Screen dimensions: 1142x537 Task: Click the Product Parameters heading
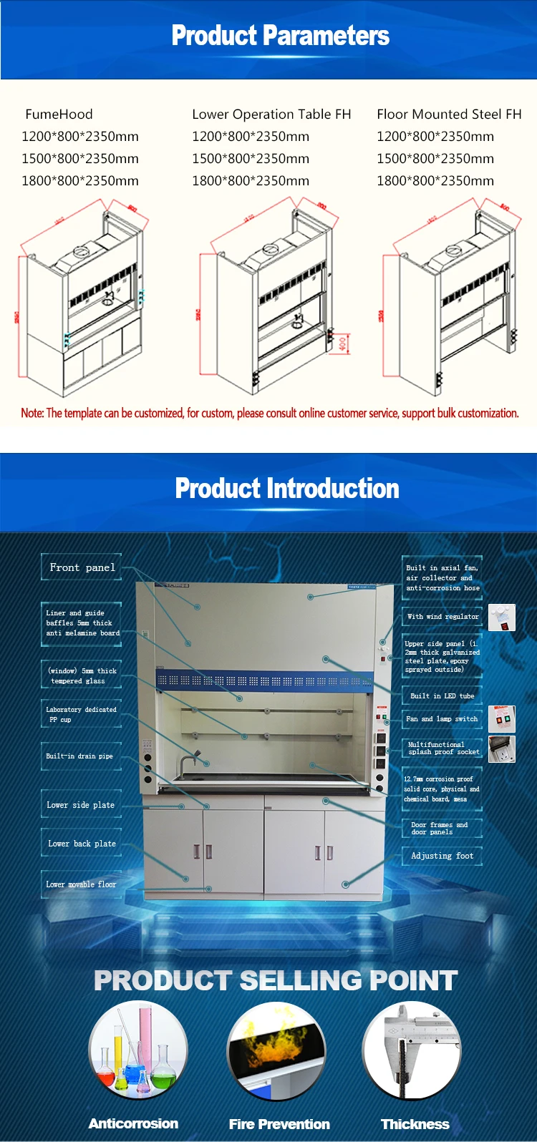pyautogui.click(x=280, y=36)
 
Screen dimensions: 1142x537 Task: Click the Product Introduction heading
pyautogui.click(x=287, y=489)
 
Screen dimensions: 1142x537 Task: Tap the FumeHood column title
pyautogui.click(x=59, y=114)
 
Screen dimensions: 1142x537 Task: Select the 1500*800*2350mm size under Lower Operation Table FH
pyautogui.click(x=251, y=159)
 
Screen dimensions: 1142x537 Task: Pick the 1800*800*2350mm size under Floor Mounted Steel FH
pyautogui.click(x=435, y=181)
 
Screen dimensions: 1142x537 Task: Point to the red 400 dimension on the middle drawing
pyautogui.click(x=343, y=344)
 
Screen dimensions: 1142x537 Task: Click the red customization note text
pyautogui.click(x=269, y=413)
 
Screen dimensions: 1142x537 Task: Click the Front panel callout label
pyautogui.click(x=82, y=567)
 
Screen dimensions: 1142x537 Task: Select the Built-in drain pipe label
pyautogui.click(x=79, y=756)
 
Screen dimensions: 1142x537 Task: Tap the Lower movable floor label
pyautogui.click(x=81, y=884)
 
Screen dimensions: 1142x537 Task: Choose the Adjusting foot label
pyautogui.click(x=442, y=856)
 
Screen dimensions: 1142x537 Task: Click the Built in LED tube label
pyautogui.click(x=442, y=696)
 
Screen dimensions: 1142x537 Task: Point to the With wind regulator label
pyautogui.click(x=442, y=616)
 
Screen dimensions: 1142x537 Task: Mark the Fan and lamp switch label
pyautogui.click(x=441, y=718)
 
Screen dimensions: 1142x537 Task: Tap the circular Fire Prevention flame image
pyautogui.click(x=276, y=1050)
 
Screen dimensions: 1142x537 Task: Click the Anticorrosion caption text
pyautogui.click(x=133, y=1123)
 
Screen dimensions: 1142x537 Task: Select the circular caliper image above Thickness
pyautogui.click(x=411, y=1050)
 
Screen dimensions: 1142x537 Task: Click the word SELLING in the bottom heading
pyautogui.click(x=309, y=980)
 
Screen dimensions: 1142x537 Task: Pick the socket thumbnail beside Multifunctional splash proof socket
pyautogui.click(x=502, y=748)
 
